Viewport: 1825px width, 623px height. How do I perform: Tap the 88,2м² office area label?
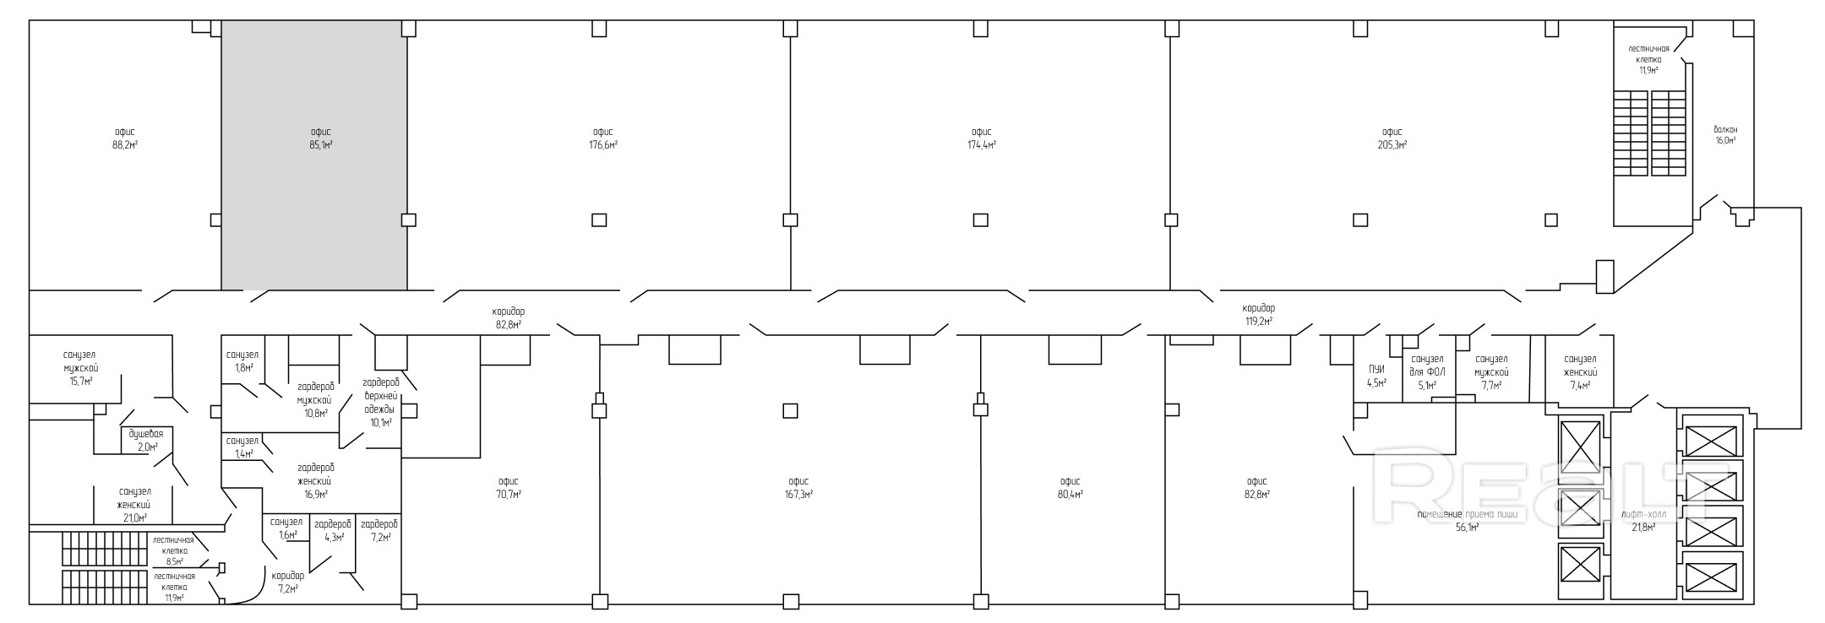tap(125, 138)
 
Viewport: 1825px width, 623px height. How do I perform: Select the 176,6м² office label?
tap(602, 138)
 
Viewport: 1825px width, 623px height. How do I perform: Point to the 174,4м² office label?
tap(981, 138)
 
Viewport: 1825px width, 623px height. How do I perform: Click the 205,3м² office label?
tap(1392, 138)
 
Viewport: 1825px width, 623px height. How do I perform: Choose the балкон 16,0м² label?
tap(1725, 135)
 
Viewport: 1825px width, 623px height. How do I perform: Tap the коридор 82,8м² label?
tap(509, 317)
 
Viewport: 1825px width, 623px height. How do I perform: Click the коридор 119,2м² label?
tap(1258, 315)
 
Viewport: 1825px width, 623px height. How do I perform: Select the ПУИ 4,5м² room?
tap(1377, 376)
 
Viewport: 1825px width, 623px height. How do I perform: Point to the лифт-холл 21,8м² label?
tap(1643, 521)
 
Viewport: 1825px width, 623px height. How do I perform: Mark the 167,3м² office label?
tap(798, 488)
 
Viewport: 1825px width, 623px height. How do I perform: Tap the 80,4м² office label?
tap(1070, 488)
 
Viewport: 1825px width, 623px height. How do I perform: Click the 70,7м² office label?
tap(508, 488)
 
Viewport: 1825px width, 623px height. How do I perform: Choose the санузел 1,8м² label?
tap(242, 361)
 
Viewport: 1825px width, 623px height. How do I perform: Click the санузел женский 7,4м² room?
tap(1580, 372)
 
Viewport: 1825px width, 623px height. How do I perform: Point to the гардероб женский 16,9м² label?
tap(316, 480)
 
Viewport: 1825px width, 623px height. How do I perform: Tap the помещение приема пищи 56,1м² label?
tap(1467, 521)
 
